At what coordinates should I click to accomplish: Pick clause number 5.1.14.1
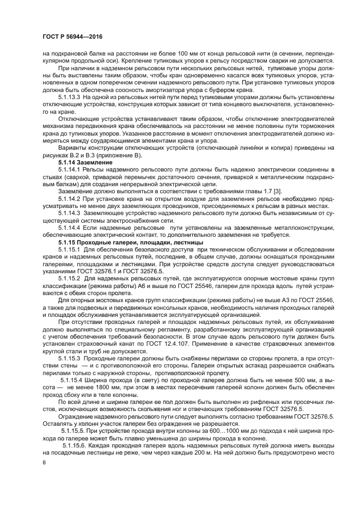[x=72, y=170]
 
